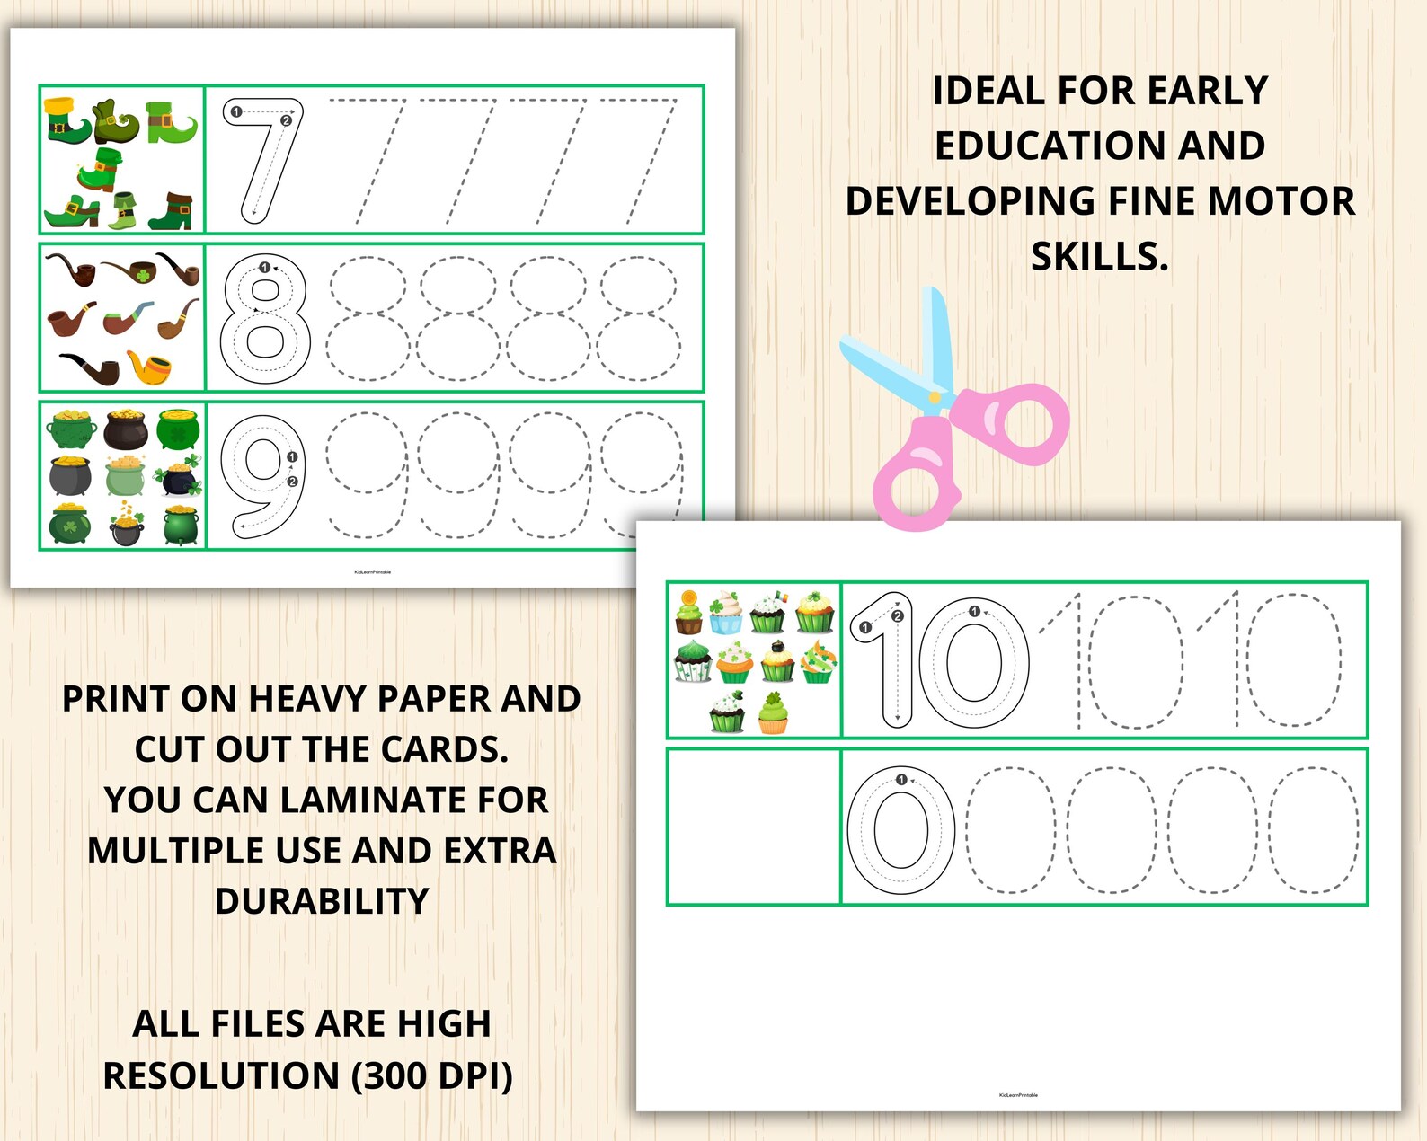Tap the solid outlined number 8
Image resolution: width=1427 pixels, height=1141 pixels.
click(265, 319)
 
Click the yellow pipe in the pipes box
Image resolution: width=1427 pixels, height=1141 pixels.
click(149, 367)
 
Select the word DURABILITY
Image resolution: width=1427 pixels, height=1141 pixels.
click(322, 901)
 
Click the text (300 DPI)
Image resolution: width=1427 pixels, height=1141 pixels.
click(432, 1075)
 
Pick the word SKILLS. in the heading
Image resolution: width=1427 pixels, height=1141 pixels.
click(1099, 257)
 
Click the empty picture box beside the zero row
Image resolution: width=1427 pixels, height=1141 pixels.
click(753, 827)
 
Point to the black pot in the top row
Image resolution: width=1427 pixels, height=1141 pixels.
click(126, 429)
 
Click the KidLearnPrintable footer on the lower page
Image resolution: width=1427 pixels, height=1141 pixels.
click(1018, 1095)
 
